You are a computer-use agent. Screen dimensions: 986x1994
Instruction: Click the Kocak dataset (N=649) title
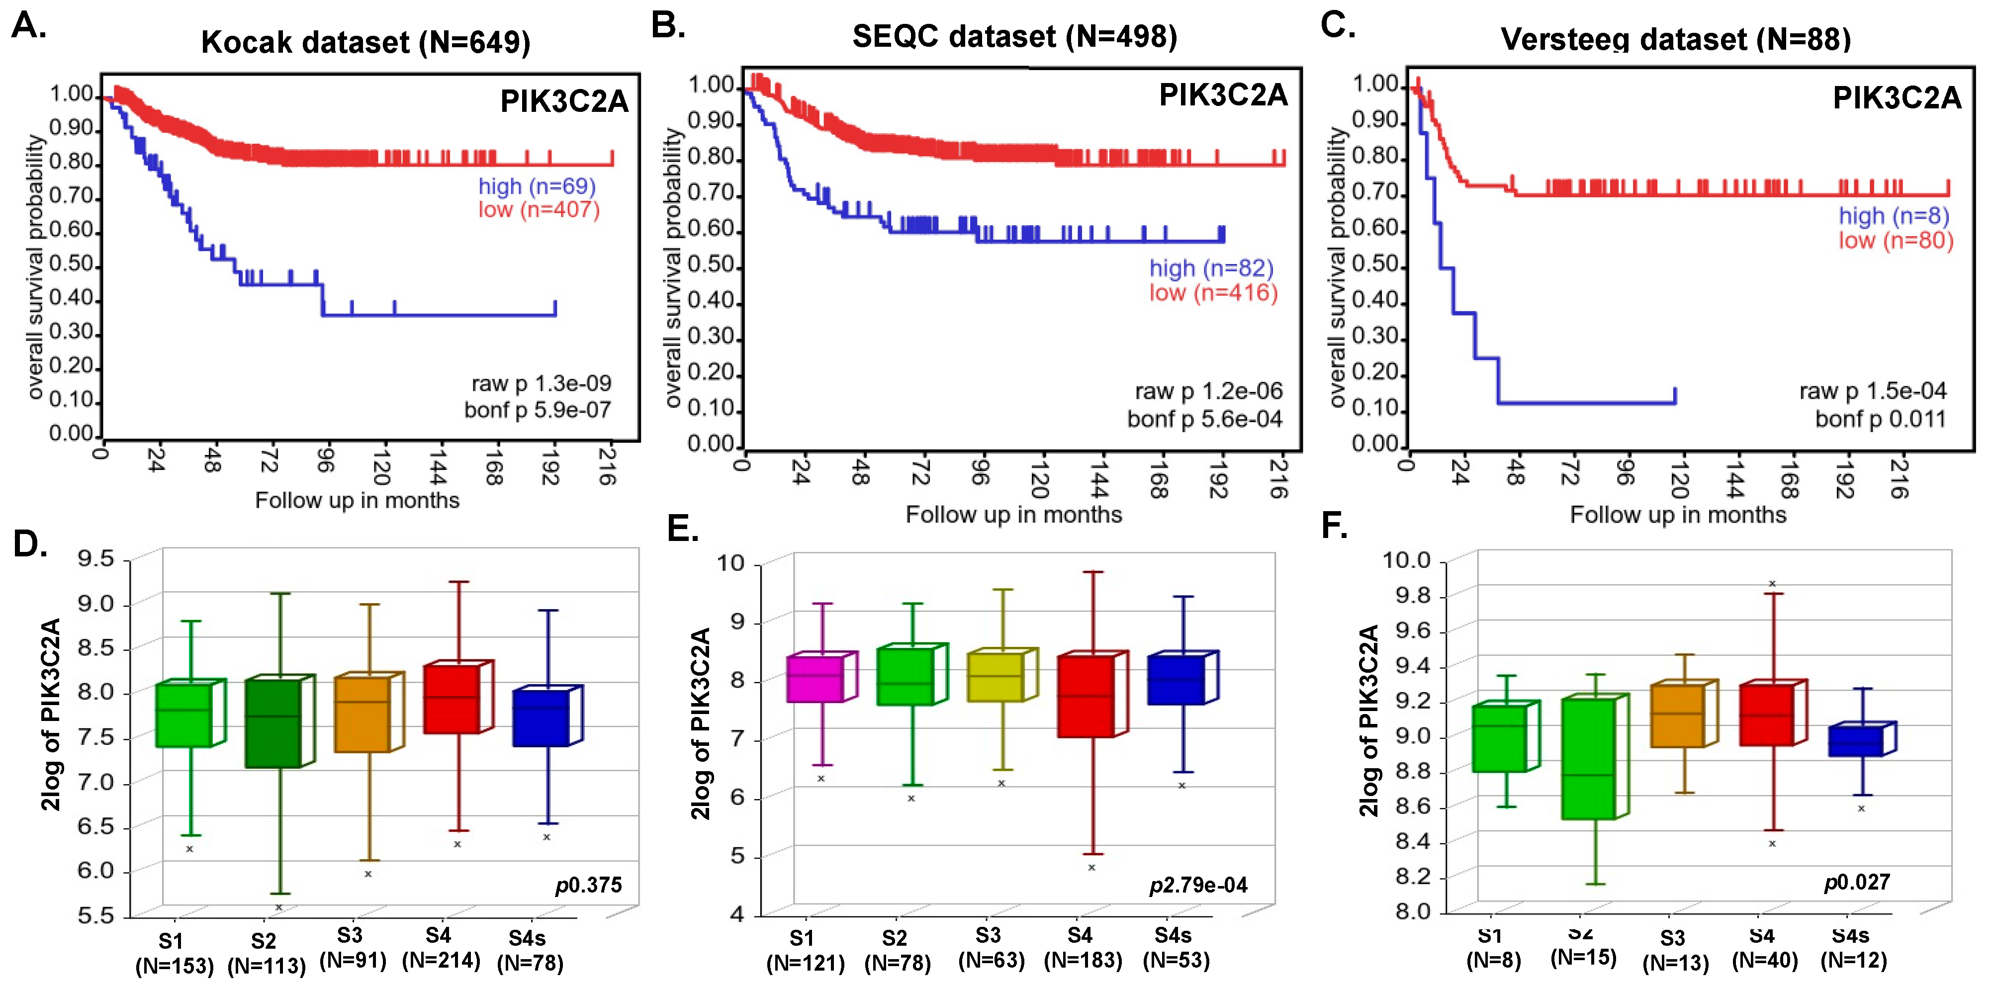[x=365, y=42]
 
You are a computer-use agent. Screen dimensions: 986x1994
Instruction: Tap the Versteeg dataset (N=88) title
[x=1675, y=39]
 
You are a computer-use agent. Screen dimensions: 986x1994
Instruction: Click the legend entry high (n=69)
[x=537, y=186]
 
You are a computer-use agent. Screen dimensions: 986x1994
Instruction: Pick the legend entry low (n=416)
[x=1213, y=292]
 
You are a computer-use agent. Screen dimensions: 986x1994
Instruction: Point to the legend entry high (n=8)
[x=1894, y=215]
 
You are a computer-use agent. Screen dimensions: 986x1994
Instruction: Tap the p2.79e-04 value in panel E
[x=1198, y=885]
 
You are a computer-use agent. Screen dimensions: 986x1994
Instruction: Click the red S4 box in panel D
[x=452, y=700]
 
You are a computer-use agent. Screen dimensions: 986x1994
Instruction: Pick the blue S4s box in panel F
[x=1855, y=741]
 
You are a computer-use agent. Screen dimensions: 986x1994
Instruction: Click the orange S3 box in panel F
[x=1677, y=716]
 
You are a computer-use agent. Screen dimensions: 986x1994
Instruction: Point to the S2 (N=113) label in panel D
[x=266, y=954]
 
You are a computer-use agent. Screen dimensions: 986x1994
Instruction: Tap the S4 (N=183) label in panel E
[x=1083, y=948]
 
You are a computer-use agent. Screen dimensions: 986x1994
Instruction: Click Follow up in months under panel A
[x=357, y=500]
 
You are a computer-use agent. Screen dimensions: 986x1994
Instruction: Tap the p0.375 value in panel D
[x=588, y=885]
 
